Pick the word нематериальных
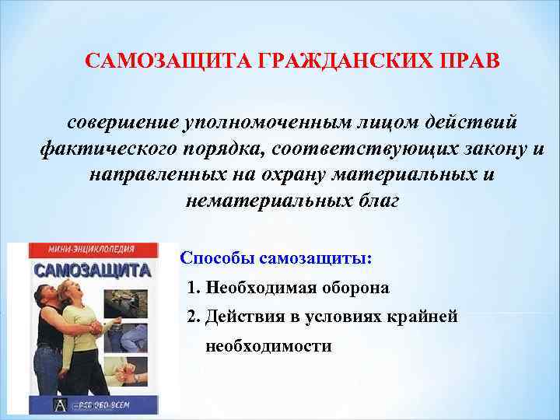[261, 201]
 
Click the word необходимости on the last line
[268, 345]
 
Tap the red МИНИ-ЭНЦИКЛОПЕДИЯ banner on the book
[90, 251]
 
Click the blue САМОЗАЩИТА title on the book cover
[92, 270]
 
